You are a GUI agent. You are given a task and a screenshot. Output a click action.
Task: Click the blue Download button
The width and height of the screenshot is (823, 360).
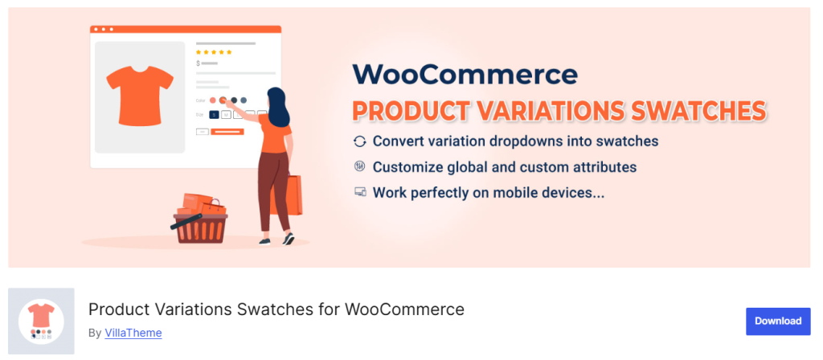point(778,321)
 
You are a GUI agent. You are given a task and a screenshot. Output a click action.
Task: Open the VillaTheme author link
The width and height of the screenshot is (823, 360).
point(133,332)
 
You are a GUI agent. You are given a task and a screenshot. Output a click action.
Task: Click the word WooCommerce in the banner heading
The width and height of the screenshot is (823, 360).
point(465,75)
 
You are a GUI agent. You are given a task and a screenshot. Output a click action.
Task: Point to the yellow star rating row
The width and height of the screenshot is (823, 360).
point(214,52)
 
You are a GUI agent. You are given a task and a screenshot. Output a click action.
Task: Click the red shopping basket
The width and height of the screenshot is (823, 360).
point(200,226)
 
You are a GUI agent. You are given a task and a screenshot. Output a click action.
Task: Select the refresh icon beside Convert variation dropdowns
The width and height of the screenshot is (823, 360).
point(359,141)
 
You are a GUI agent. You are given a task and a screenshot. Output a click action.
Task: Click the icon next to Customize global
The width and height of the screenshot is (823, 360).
point(359,167)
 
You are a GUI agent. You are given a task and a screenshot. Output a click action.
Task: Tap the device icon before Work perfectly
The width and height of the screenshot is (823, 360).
point(359,193)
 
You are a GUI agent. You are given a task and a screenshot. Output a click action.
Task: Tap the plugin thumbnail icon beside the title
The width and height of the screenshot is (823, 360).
point(41,321)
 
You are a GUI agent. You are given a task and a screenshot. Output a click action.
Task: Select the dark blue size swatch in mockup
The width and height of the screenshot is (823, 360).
point(214,114)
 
